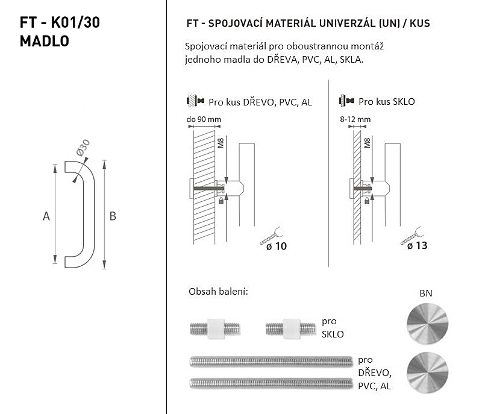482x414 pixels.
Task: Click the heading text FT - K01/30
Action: (60, 22)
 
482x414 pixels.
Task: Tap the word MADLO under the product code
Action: (44, 41)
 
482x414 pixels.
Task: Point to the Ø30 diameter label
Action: (83, 147)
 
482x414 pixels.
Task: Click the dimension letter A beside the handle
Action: (46, 216)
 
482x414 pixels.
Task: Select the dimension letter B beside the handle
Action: (113, 216)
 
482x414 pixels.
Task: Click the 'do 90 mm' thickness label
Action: (204, 119)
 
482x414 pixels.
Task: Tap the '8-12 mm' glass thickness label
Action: (355, 119)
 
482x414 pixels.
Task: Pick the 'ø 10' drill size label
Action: (277, 246)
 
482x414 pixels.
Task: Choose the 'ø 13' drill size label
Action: (417, 246)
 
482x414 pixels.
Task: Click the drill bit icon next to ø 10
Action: (271, 236)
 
